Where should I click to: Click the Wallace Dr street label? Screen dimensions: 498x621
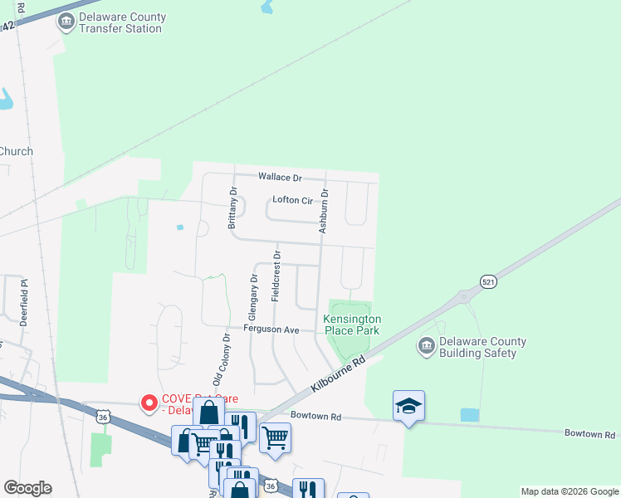click(279, 177)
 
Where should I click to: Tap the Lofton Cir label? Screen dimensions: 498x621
click(291, 200)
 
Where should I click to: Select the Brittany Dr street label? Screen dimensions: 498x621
click(232, 207)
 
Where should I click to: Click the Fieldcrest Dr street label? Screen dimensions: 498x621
click(277, 276)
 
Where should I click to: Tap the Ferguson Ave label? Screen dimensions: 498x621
click(271, 330)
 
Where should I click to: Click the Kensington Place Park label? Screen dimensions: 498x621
click(352, 325)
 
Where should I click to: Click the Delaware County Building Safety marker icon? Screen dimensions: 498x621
click(427, 345)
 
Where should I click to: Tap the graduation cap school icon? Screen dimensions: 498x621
click(408, 405)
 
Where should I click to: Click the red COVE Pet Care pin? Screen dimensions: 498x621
click(150, 403)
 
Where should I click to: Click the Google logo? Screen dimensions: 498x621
click(27, 487)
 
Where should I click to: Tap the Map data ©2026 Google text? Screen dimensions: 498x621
click(569, 491)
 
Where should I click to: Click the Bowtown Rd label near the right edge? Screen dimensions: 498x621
click(589, 434)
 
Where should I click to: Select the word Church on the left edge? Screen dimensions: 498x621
click(16, 151)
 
